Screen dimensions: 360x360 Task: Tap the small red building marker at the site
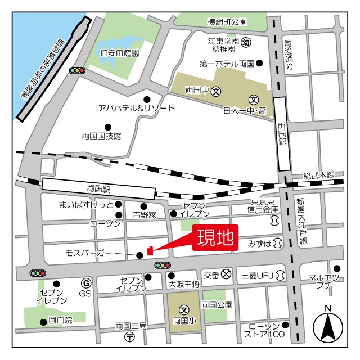point(150,250)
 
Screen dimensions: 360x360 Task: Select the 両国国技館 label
point(101,136)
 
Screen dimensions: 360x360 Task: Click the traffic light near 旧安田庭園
point(77,70)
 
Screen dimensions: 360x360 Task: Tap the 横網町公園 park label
point(227,22)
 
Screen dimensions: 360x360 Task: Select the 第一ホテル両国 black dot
point(259,64)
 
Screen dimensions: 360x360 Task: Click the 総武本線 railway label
point(318,175)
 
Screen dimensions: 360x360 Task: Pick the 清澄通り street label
point(289,55)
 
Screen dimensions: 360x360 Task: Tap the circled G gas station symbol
point(86,283)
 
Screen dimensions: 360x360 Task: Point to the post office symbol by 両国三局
point(130,337)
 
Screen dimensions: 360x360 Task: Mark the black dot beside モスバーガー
point(139,255)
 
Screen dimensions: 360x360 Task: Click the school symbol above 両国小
point(184,309)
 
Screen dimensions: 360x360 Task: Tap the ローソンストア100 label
point(264,331)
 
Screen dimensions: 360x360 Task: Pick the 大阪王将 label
point(184,285)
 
